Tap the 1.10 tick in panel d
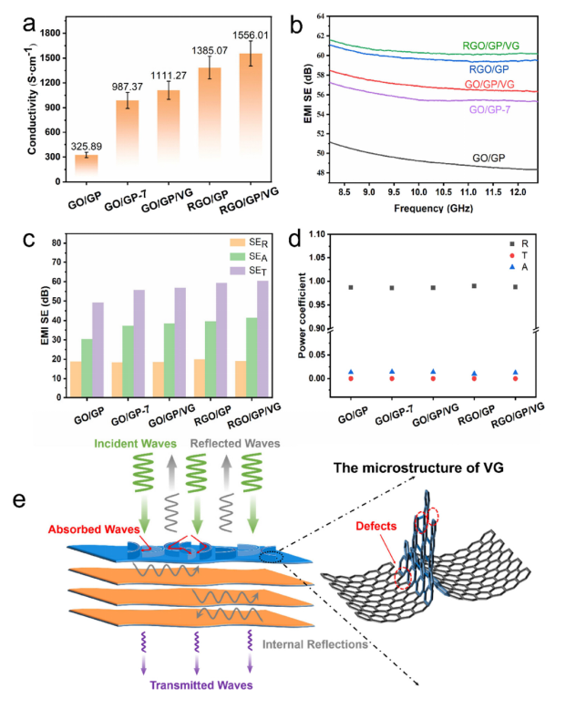coord(342,234)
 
